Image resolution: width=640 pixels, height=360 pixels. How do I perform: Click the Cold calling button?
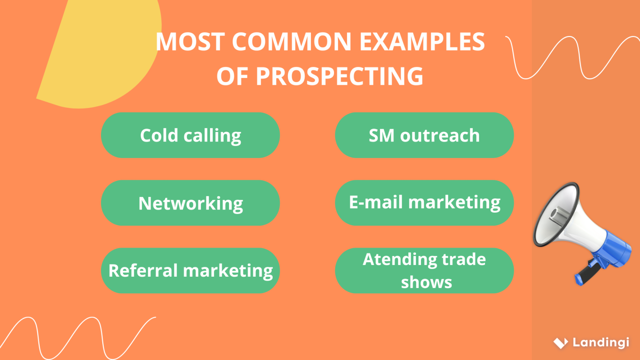pyautogui.click(x=190, y=135)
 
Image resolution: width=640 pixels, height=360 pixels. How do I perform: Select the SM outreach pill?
pyautogui.click(x=424, y=135)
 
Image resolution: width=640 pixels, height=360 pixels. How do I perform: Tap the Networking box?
pyautogui.click(x=190, y=203)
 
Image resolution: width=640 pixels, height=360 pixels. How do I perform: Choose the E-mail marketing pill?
pyautogui.click(x=424, y=203)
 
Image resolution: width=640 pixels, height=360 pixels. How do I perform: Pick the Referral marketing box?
pyautogui.click(x=190, y=271)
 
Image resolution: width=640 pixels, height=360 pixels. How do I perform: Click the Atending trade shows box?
pyautogui.click(x=424, y=271)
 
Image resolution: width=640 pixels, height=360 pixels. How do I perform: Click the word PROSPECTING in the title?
pyautogui.click(x=339, y=76)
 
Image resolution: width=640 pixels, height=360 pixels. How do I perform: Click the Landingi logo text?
pyautogui.click(x=601, y=342)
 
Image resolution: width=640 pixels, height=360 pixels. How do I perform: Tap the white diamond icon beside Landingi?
pyautogui.click(x=560, y=343)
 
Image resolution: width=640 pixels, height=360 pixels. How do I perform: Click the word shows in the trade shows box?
pyautogui.click(x=426, y=283)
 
